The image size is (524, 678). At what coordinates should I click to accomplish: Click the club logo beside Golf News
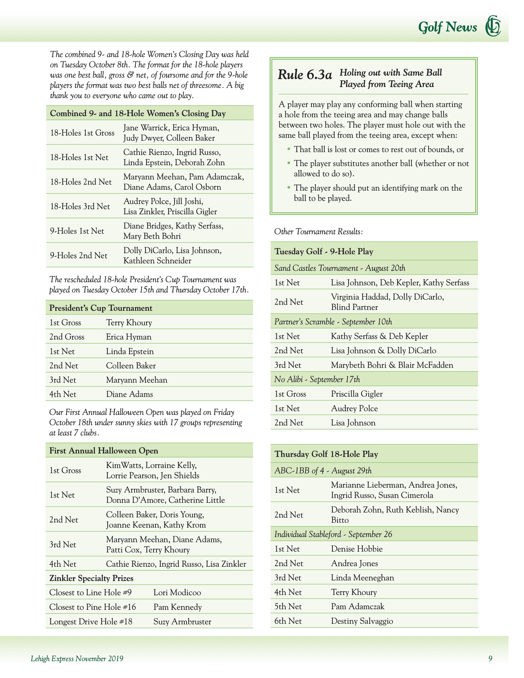click(x=493, y=26)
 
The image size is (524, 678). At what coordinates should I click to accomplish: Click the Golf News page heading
click(x=447, y=27)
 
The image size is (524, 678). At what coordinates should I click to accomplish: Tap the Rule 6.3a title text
click(x=305, y=75)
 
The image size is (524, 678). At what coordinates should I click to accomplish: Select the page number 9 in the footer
click(x=490, y=658)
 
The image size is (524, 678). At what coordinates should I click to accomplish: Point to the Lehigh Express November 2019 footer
click(x=77, y=658)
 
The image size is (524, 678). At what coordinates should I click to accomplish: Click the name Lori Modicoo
click(x=177, y=592)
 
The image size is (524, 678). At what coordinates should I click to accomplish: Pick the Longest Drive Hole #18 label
click(x=91, y=621)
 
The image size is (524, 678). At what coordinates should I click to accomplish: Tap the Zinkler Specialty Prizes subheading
click(x=91, y=578)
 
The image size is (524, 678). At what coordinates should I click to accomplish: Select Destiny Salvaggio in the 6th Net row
click(x=362, y=621)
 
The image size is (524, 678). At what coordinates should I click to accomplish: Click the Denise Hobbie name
click(x=356, y=548)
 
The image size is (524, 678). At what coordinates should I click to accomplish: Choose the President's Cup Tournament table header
click(x=100, y=308)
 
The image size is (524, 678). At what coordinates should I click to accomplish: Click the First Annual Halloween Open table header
click(x=104, y=451)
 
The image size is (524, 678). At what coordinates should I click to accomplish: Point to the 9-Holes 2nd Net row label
click(x=78, y=255)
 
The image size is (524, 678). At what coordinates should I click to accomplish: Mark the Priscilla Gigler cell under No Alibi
click(x=357, y=394)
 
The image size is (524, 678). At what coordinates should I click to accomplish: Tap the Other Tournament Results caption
click(x=318, y=232)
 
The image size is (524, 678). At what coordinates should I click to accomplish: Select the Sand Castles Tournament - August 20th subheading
click(x=340, y=268)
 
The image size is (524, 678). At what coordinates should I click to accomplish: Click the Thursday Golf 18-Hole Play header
click(x=326, y=454)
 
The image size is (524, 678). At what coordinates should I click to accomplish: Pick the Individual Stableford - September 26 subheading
click(x=333, y=534)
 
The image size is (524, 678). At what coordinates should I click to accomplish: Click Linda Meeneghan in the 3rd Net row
click(x=362, y=578)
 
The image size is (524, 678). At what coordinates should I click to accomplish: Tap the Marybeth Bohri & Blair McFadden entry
click(x=392, y=365)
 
